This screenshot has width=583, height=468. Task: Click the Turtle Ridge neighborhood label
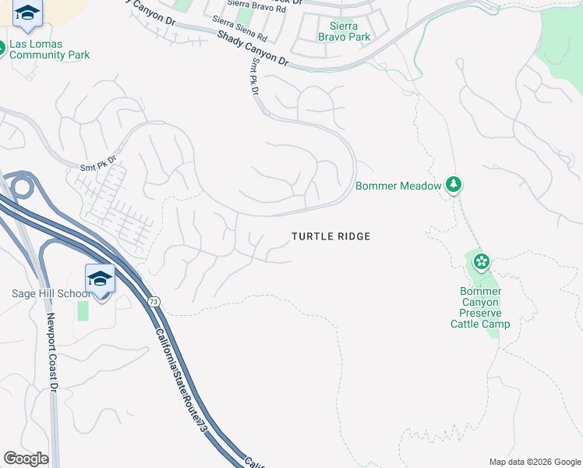330,236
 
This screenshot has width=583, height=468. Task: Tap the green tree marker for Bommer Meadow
454,185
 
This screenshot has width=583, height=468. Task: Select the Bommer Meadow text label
397,186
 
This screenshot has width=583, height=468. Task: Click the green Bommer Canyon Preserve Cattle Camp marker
482,261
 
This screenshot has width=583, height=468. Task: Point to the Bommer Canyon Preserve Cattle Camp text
480,307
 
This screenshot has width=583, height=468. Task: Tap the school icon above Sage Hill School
101,278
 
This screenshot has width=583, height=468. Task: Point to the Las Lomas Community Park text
49,50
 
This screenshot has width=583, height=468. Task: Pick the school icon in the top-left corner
27,12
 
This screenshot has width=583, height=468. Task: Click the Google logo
26,459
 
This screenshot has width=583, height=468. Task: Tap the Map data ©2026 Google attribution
534,462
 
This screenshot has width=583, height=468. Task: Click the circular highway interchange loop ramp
19,188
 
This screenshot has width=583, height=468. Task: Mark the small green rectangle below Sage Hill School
83,310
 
